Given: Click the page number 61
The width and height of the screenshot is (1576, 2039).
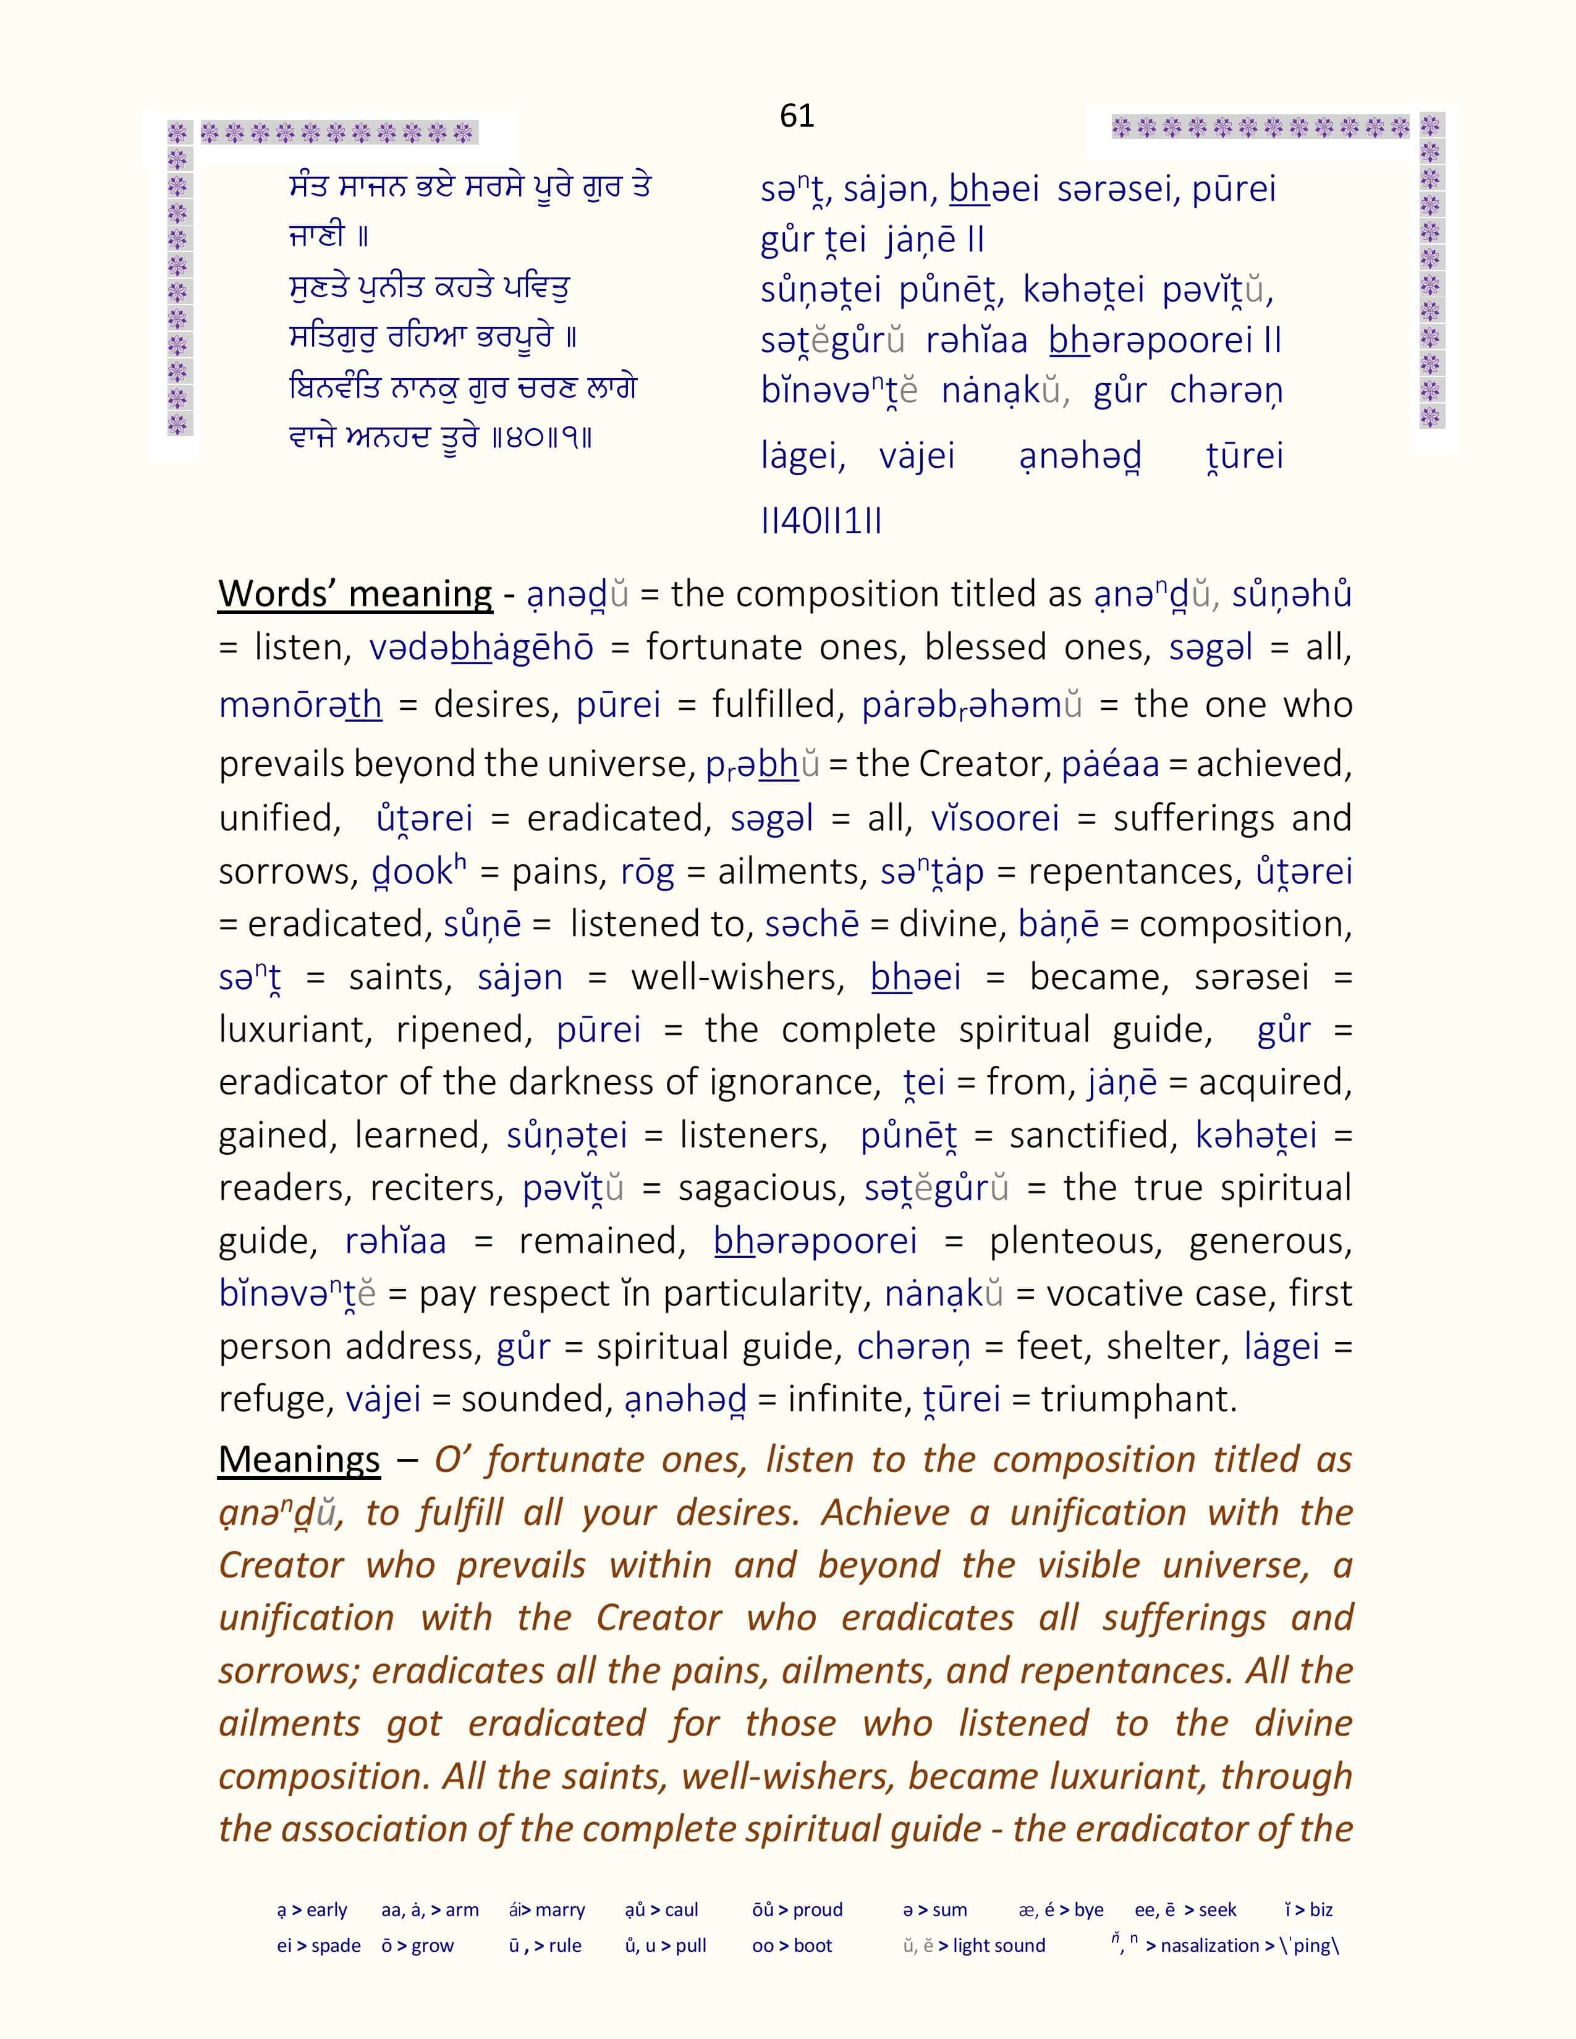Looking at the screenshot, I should click(797, 116).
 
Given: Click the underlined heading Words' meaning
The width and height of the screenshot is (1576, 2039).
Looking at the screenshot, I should click(355, 594).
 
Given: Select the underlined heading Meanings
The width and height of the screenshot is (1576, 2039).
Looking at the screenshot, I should click(299, 1459).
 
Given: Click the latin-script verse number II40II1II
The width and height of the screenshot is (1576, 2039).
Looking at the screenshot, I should click(821, 521).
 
